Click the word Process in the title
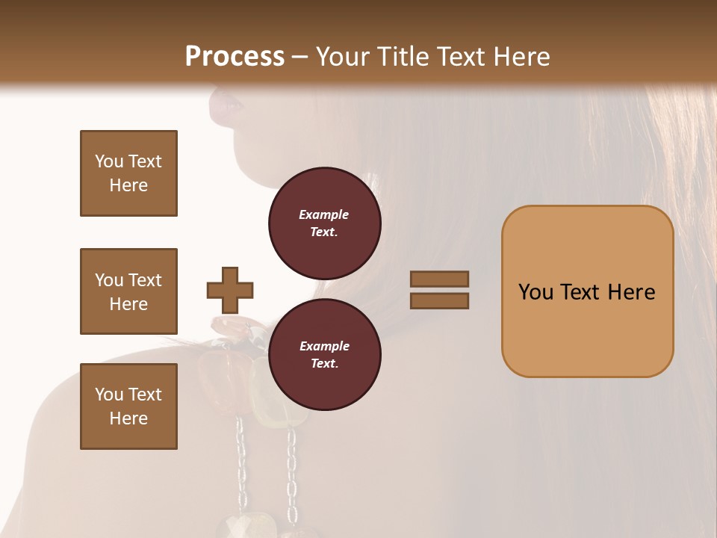point(235,56)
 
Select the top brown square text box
point(128,173)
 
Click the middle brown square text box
point(128,291)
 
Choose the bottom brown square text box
point(128,406)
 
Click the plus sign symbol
point(230,290)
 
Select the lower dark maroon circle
point(324,354)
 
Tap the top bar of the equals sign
point(439,279)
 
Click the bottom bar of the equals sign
point(439,300)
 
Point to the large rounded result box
point(587,291)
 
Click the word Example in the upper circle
point(324,214)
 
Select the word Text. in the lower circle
point(324,363)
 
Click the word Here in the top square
point(128,185)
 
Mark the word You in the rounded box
point(536,292)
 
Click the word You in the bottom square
point(108,395)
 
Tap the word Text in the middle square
point(145,280)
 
